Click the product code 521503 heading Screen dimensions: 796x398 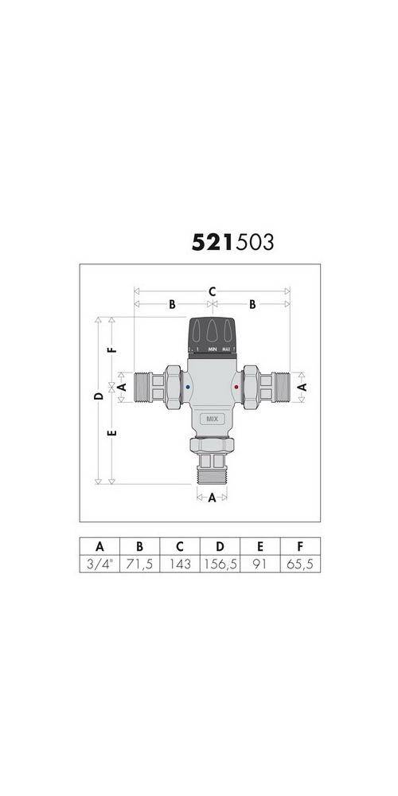coord(232,242)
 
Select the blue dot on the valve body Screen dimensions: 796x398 coord(187,388)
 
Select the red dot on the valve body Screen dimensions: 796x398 coord(236,388)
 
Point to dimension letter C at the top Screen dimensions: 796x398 coord(213,291)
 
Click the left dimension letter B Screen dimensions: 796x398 coord(172,304)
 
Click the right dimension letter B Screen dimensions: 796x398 coord(252,304)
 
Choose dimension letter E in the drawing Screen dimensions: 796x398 coord(113,434)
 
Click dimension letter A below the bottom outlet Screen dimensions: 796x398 coord(212,499)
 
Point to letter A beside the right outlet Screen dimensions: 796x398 coord(302,386)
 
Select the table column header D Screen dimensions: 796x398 coord(220,546)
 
